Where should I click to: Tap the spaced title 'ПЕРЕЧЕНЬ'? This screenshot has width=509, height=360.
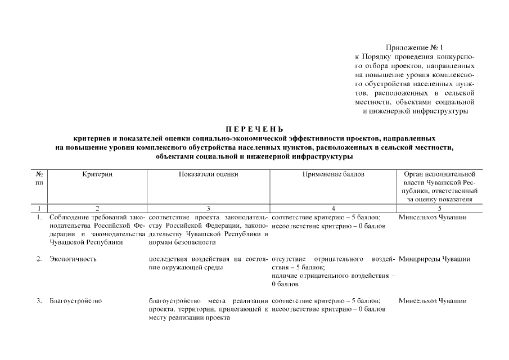click(x=254, y=129)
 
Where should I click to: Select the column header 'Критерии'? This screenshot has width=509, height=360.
click(x=97, y=174)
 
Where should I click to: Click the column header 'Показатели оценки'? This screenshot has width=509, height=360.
click(x=209, y=174)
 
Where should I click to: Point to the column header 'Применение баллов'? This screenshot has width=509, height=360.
click(x=334, y=174)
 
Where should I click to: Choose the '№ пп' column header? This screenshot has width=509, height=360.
click(x=40, y=178)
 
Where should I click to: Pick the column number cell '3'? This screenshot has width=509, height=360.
click(x=209, y=208)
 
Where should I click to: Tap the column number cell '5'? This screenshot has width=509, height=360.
click(x=440, y=208)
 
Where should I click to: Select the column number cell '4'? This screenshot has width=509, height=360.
click(x=334, y=208)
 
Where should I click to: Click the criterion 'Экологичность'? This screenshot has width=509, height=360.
click(x=73, y=259)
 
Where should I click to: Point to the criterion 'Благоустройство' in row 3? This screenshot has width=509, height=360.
click(x=76, y=301)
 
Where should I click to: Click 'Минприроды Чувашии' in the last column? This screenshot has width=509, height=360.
click(x=435, y=259)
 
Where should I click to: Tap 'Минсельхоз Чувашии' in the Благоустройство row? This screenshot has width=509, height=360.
click(x=433, y=301)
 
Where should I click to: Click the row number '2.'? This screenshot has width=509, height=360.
click(x=39, y=259)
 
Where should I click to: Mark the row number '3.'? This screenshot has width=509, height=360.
click(x=39, y=301)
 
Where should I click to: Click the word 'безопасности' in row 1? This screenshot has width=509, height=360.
click(x=195, y=242)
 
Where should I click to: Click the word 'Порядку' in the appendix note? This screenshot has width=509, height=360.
click(x=381, y=57)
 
